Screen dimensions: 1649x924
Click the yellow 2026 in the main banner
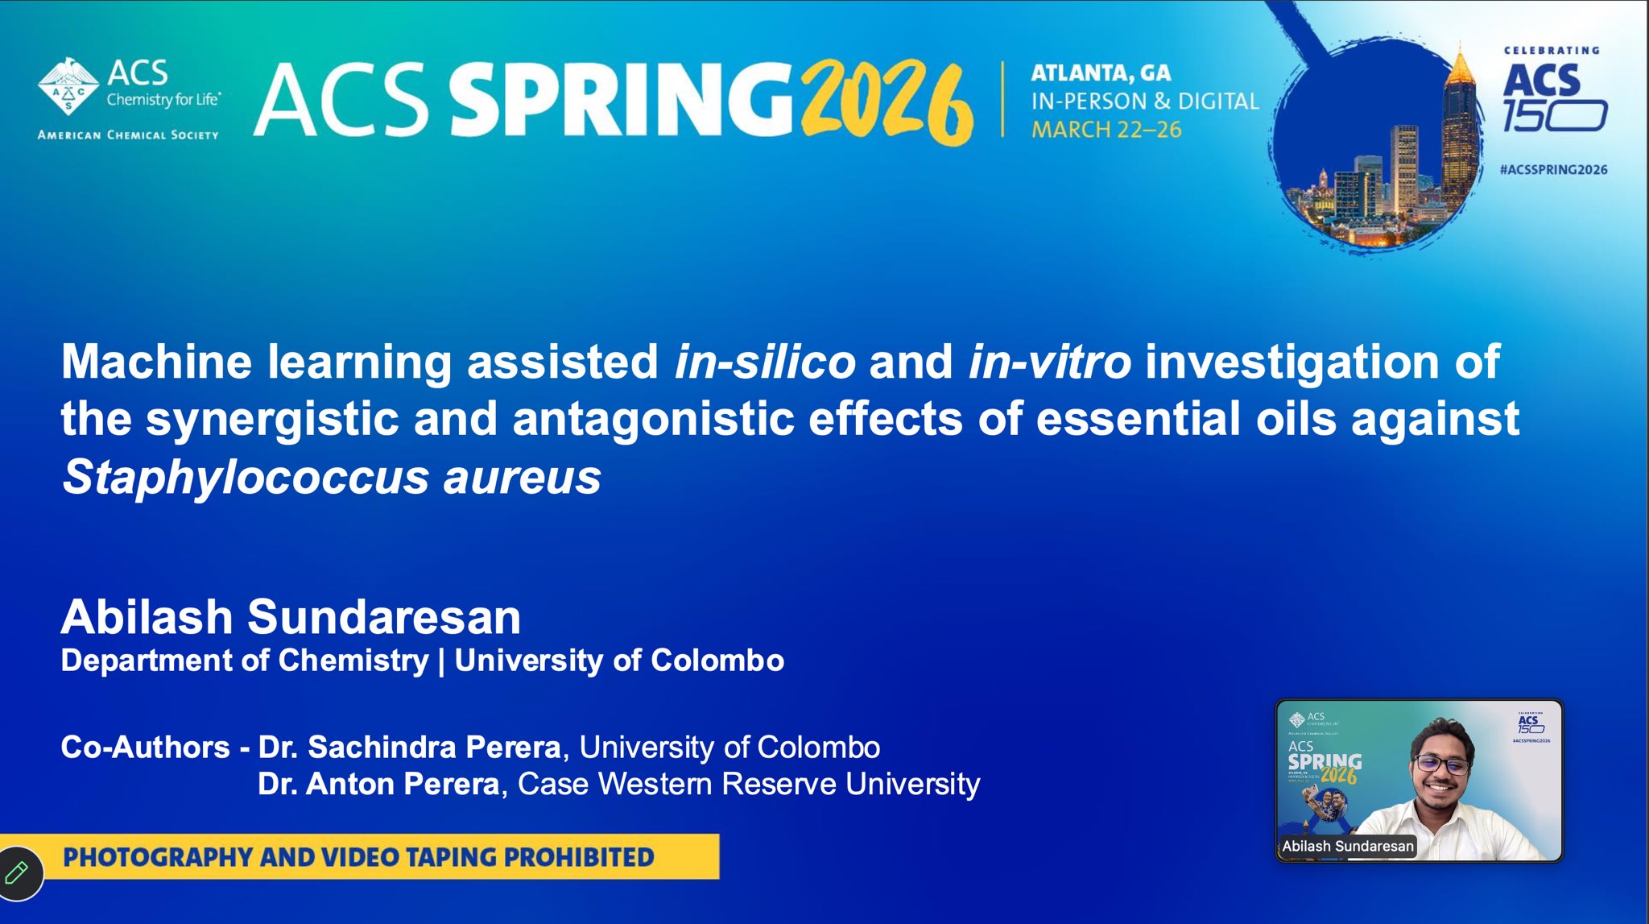(x=887, y=102)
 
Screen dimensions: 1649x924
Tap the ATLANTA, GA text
(x=1101, y=73)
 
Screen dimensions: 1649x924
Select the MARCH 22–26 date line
(x=1106, y=130)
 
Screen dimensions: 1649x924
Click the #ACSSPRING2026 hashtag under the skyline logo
(x=1553, y=170)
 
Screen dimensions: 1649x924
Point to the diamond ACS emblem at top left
(x=68, y=86)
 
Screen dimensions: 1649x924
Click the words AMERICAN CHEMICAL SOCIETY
(x=128, y=135)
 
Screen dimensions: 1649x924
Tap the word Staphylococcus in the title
(x=246, y=478)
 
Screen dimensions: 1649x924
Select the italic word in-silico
(x=765, y=362)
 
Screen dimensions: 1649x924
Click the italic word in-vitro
(x=1049, y=362)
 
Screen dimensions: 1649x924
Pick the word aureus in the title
(x=522, y=478)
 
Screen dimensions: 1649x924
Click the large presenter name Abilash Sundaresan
(x=291, y=617)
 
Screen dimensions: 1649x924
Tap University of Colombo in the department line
(x=619, y=661)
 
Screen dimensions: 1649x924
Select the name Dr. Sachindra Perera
(x=409, y=748)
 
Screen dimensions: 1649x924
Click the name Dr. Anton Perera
(x=378, y=784)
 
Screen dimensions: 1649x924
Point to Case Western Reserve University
(x=749, y=784)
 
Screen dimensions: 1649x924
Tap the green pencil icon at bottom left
(x=17, y=872)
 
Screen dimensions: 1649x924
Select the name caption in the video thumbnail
(x=1347, y=846)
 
